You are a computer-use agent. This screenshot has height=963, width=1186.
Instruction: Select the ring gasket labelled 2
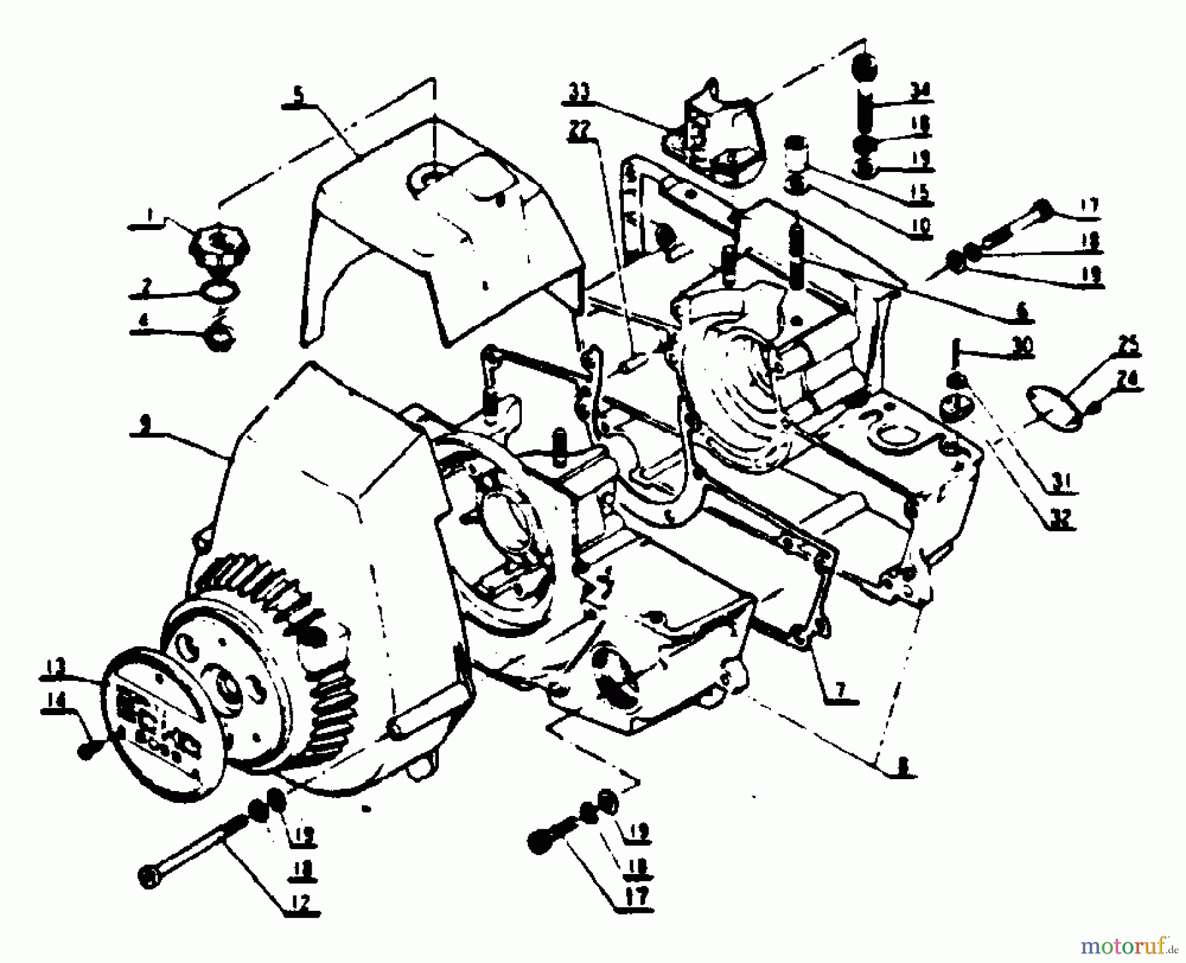point(222,291)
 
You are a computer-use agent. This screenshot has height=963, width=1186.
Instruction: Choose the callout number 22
point(578,130)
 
